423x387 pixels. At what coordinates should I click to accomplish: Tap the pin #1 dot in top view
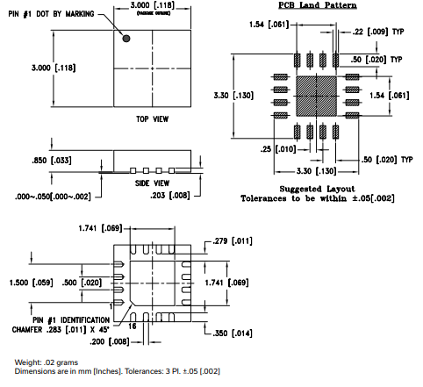coord(127,39)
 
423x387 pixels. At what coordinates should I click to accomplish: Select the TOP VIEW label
coord(152,118)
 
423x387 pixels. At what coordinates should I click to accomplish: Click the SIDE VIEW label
coord(152,182)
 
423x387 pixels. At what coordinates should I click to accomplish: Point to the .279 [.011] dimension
coord(231,239)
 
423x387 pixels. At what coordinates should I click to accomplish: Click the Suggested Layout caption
coord(318,188)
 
